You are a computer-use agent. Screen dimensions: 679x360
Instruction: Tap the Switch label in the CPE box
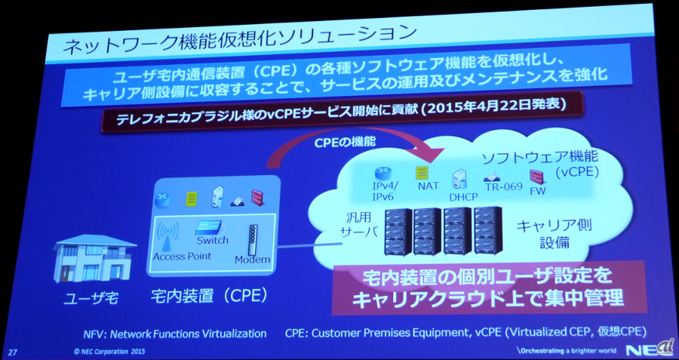click(x=212, y=239)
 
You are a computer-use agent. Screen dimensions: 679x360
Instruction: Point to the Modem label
click(x=252, y=260)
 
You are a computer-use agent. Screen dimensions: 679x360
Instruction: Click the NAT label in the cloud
click(x=429, y=186)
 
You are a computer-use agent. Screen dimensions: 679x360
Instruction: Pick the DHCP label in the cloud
click(x=463, y=197)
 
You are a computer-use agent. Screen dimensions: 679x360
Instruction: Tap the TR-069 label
click(x=504, y=186)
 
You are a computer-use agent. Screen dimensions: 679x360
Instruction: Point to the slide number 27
click(x=13, y=352)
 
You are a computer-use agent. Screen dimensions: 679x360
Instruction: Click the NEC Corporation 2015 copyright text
click(x=106, y=352)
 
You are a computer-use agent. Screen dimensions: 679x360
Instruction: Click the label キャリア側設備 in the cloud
click(x=555, y=234)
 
